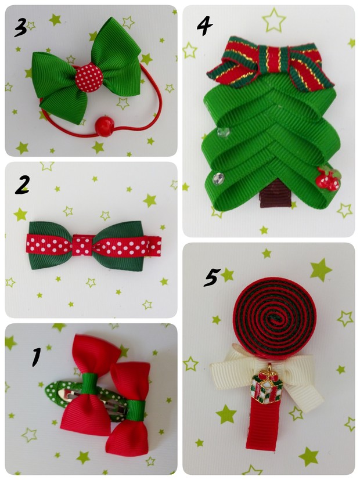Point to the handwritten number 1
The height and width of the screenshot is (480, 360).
click(37, 356)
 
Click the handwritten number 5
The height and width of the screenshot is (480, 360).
click(211, 277)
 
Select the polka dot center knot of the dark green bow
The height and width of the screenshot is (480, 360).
click(82, 245)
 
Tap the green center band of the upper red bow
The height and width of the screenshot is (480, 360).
click(89, 383)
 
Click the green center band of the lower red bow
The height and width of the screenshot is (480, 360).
click(136, 410)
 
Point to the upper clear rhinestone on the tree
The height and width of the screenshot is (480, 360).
click(224, 132)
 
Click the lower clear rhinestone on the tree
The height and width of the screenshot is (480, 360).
click(218, 178)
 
